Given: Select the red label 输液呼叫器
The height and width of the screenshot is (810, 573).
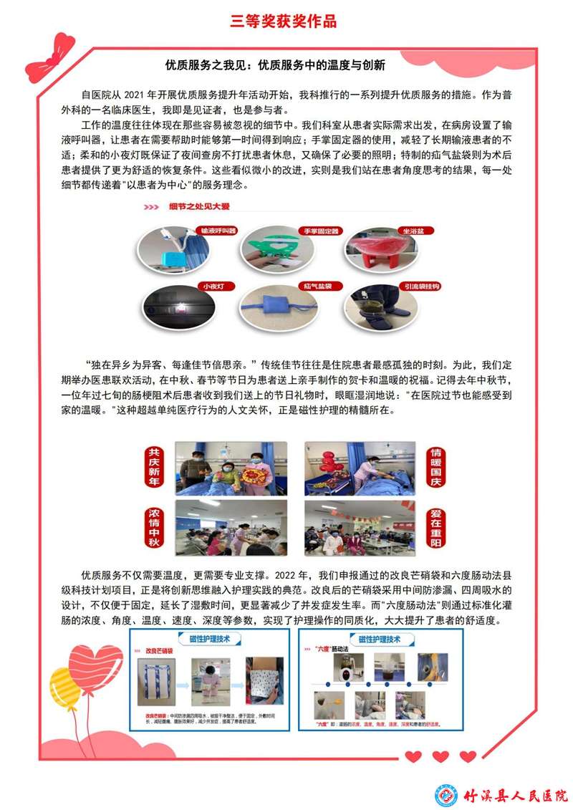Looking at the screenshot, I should pyautogui.click(x=219, y=231).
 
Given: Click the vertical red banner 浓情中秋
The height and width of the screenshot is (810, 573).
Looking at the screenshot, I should pyautogui.click(x=153, y=527).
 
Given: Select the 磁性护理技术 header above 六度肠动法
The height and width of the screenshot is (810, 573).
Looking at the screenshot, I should pyautogui.click(x=379, y=638).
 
